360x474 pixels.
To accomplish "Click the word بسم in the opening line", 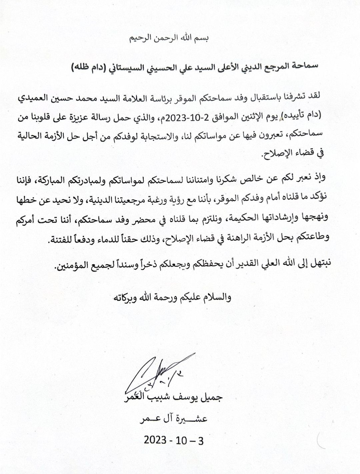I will [202, 38].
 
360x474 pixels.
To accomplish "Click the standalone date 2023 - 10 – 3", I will [173, 440].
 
